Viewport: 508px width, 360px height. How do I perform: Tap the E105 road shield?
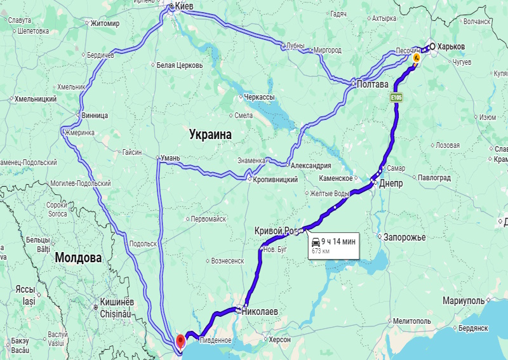(x=397, y=97)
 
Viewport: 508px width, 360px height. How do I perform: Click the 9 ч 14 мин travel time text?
(x=338, y=241)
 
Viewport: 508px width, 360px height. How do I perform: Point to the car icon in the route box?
(x=316, y=241)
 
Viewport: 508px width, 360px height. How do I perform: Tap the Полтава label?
(x=373, y=83)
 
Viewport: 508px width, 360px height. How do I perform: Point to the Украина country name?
(x=210, y=135)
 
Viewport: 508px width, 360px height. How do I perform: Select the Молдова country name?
(x=78, y=258)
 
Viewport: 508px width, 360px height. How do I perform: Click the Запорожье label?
(x=404, y=237)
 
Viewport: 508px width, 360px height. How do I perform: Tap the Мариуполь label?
(x=464, y=300)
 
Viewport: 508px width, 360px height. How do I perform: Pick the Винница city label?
(x=95, y=116)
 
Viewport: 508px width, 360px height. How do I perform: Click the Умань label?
(x=171, y=157)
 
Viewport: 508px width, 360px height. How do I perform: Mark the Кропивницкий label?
(x=276, y=180)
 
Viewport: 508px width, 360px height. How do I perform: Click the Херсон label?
(x=279, y=340)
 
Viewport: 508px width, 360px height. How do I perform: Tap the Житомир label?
(x=105, y=24)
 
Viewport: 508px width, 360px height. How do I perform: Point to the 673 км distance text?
(x=320, y=251)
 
